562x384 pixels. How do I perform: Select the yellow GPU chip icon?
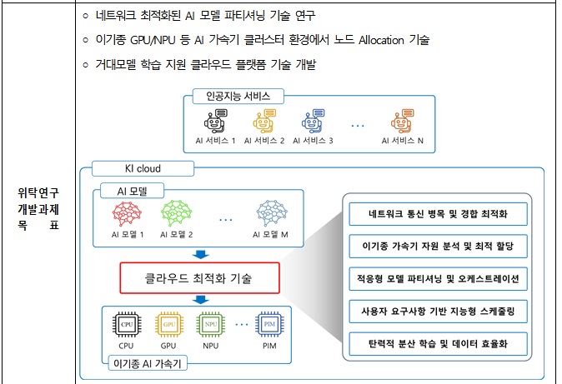click(x=168, y=324)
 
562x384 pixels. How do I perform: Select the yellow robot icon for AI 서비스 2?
click(x=263, y=122)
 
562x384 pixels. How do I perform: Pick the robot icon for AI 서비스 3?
click(x=313, y=122)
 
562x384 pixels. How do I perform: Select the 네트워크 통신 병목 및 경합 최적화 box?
click(x=438, y=214)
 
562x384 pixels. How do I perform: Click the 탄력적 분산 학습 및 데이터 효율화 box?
click(x=438, y=342)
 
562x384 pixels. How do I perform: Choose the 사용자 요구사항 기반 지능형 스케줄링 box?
click(x=438, y=310)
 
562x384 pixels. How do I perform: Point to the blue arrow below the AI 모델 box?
click(x=199, y=254)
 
